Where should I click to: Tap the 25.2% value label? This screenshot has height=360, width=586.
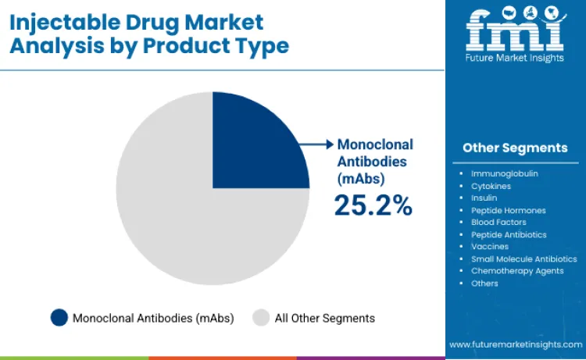pos(373,205)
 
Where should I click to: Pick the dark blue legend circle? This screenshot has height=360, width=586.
pos(59,318)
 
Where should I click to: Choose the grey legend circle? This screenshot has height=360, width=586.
pos(261,318)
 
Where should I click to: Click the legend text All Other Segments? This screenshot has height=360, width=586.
pos(324,318)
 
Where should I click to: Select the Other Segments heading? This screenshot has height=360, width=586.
pos(515,148)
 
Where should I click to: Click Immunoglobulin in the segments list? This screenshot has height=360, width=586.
pos(504,173)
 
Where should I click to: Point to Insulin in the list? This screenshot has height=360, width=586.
pos(484,198)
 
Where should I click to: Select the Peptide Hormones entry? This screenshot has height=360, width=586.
pos(508,210)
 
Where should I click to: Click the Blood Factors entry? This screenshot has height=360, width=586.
pos(498,223)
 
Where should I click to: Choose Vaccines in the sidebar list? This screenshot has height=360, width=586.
pos(491,247)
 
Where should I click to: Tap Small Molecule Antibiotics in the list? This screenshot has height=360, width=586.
pos(523,258)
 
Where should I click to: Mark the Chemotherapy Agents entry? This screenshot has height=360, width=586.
pos(516,271)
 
